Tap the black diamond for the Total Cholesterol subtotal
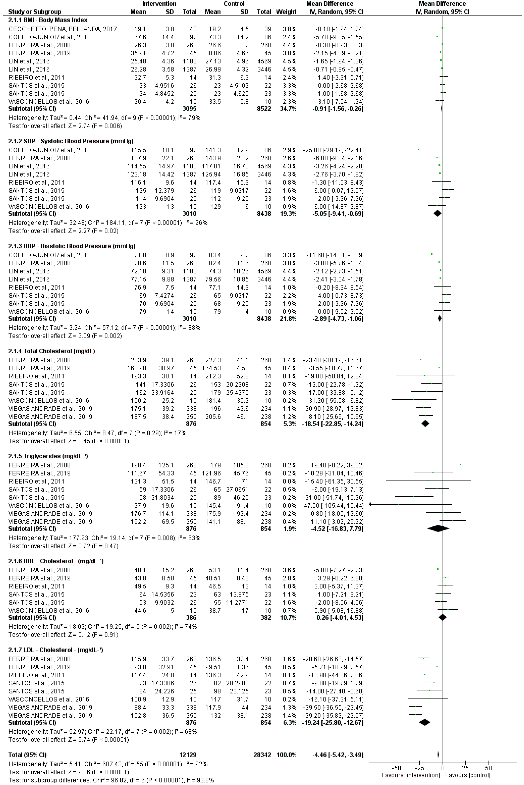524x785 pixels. pyautogui.click(x=425, y=424)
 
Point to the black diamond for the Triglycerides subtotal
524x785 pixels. pyautogui.click(x=438, y=529)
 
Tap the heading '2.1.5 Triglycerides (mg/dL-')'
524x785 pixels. pyautogui.click(x=48, y=456)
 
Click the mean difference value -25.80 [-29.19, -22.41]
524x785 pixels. pyautogui.click(x=333, y=150)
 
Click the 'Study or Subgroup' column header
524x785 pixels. pyautogui.click(x=35, y=12)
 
